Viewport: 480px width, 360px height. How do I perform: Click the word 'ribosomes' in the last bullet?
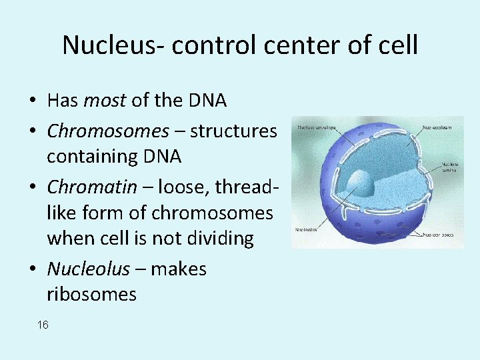91,294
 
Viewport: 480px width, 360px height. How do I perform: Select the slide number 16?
43,325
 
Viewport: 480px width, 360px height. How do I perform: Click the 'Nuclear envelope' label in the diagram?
317,125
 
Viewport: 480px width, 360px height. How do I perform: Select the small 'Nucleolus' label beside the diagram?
307,231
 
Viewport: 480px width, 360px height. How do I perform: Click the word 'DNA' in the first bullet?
206,101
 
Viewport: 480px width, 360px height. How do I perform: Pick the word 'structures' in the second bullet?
233,131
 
